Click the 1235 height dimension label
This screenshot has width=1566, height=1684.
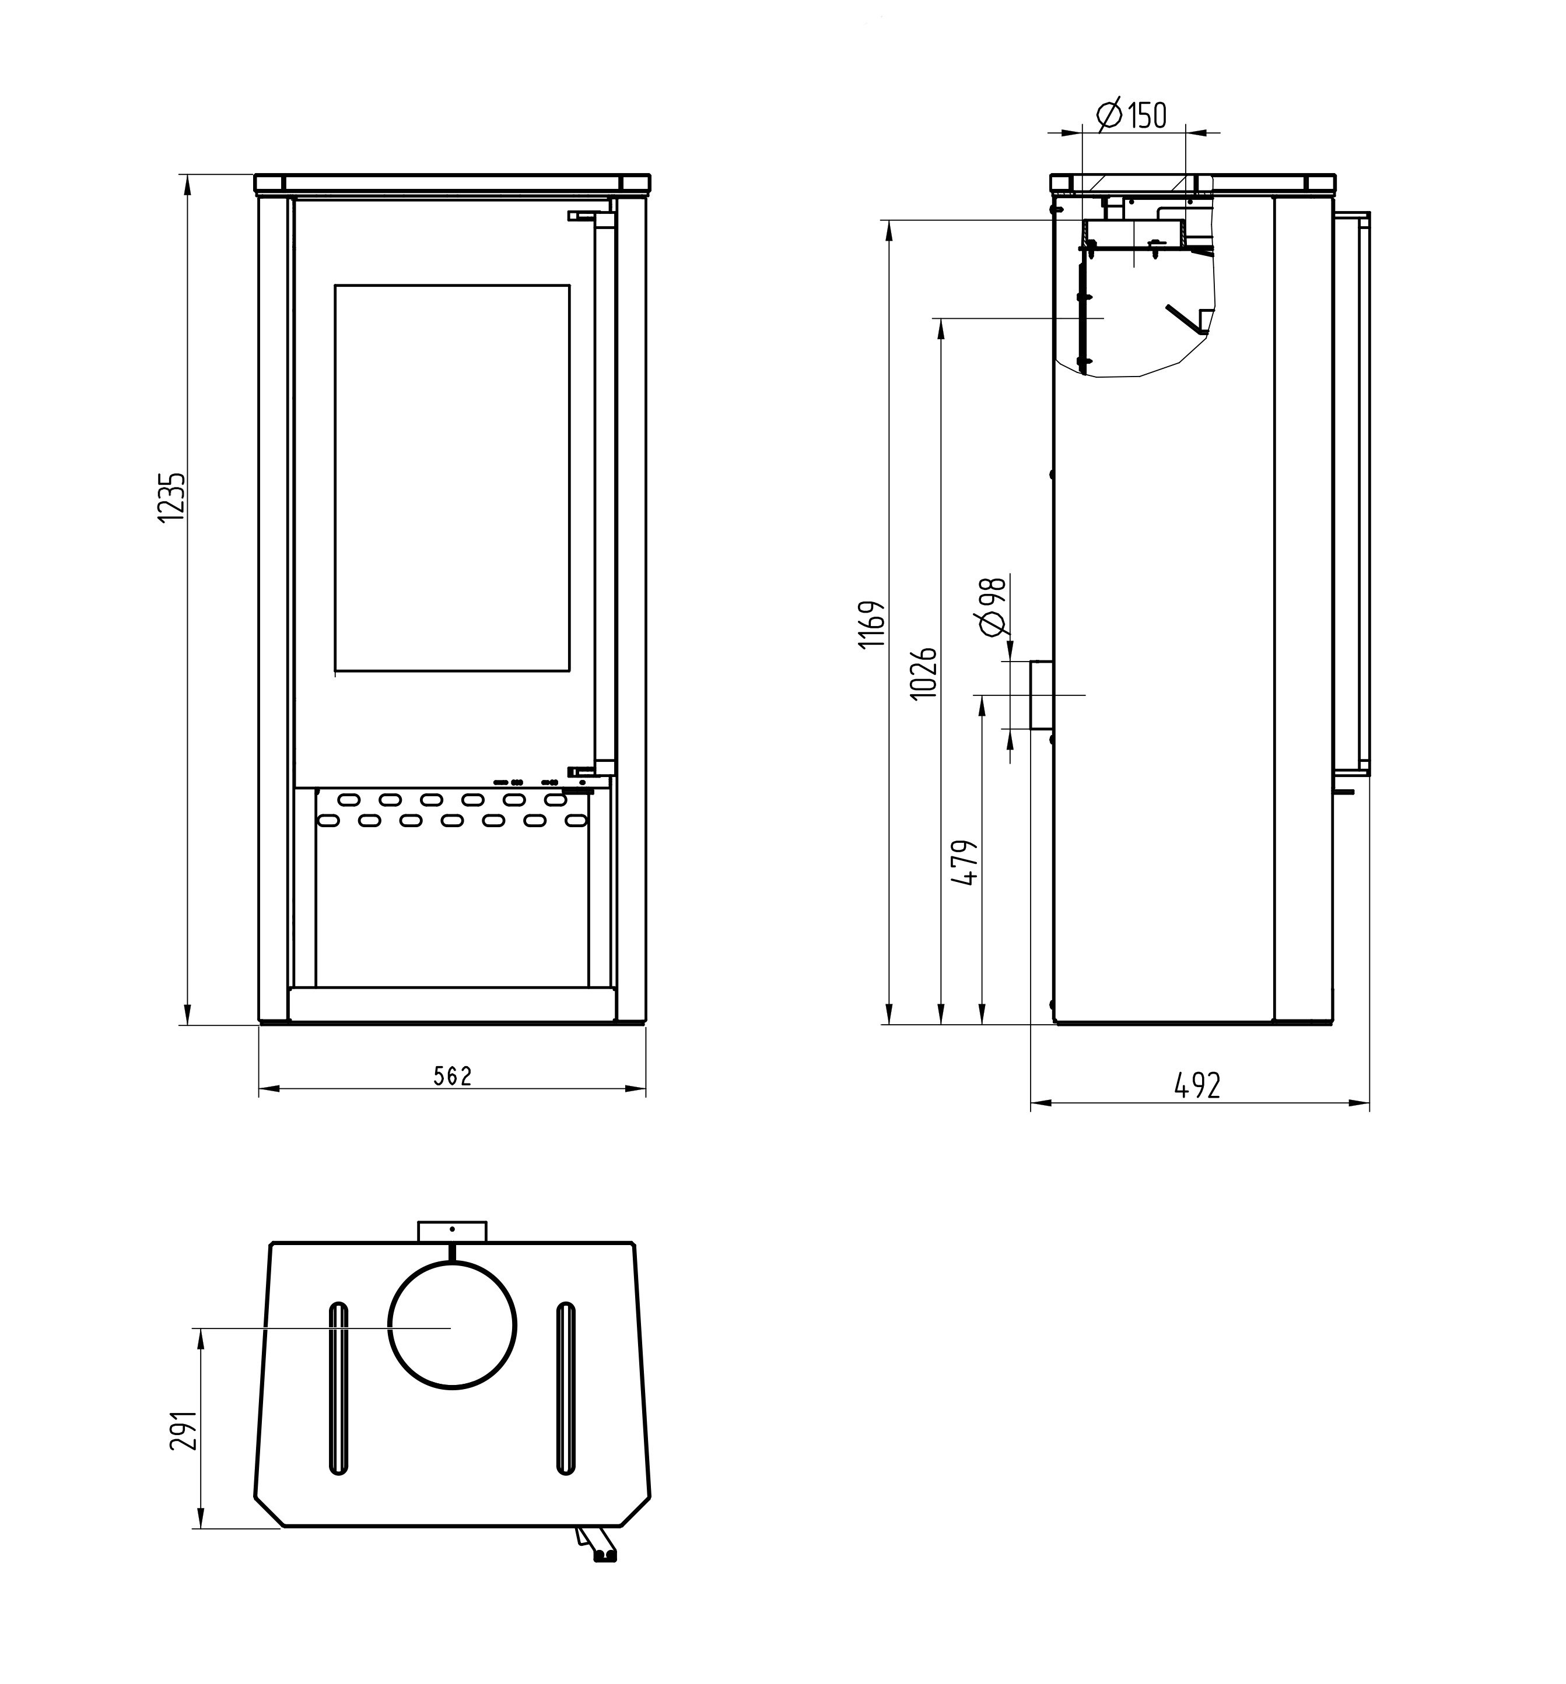pos(172,497)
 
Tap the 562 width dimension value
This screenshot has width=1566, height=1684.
pos(453,1076)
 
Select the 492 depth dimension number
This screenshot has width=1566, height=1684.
pos(1197,1085)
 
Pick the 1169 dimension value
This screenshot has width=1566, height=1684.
pos(872,624)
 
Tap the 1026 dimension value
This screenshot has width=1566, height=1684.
pos(924,673)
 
